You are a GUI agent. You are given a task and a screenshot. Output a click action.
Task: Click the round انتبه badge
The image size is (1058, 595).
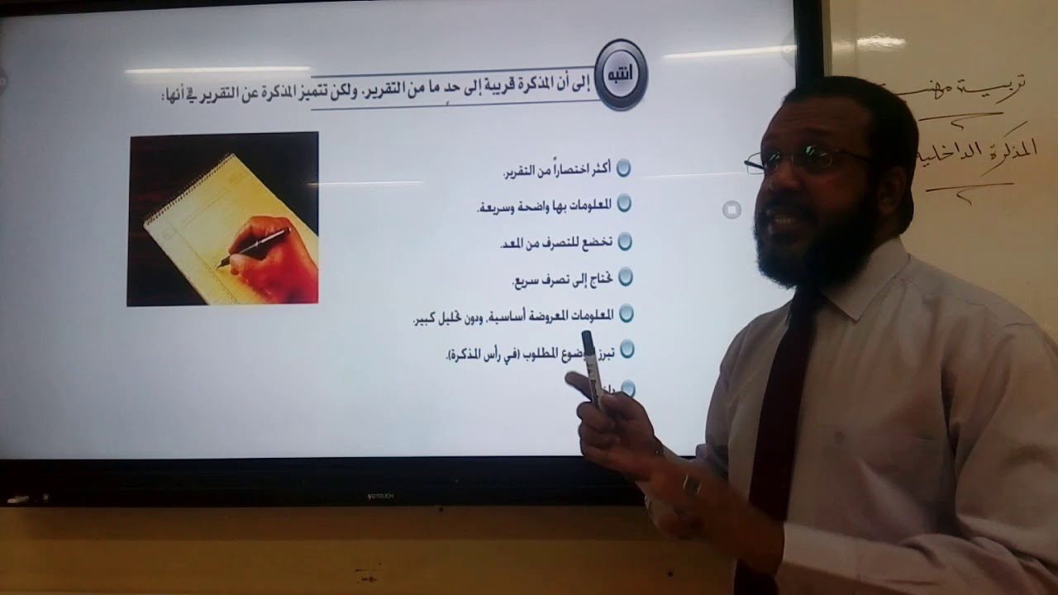[621, 74]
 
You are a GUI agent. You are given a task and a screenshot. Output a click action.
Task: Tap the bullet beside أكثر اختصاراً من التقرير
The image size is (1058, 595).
[624, 168]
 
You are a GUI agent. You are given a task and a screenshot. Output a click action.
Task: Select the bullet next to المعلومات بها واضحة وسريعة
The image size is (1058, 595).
[624, 202]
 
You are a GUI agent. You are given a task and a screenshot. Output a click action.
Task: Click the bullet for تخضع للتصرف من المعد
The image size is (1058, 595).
[625, 241]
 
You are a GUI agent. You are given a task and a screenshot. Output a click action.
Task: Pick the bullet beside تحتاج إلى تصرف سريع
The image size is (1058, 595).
[626, 275]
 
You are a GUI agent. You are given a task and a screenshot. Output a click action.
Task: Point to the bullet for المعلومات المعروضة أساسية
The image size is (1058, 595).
[626, 312]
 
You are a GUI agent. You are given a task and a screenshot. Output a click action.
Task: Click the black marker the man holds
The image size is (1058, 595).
[591, 368]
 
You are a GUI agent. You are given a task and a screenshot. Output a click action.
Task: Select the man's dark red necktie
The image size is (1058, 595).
[773, 413]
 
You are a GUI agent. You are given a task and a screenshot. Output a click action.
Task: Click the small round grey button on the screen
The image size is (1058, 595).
[732, 209]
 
